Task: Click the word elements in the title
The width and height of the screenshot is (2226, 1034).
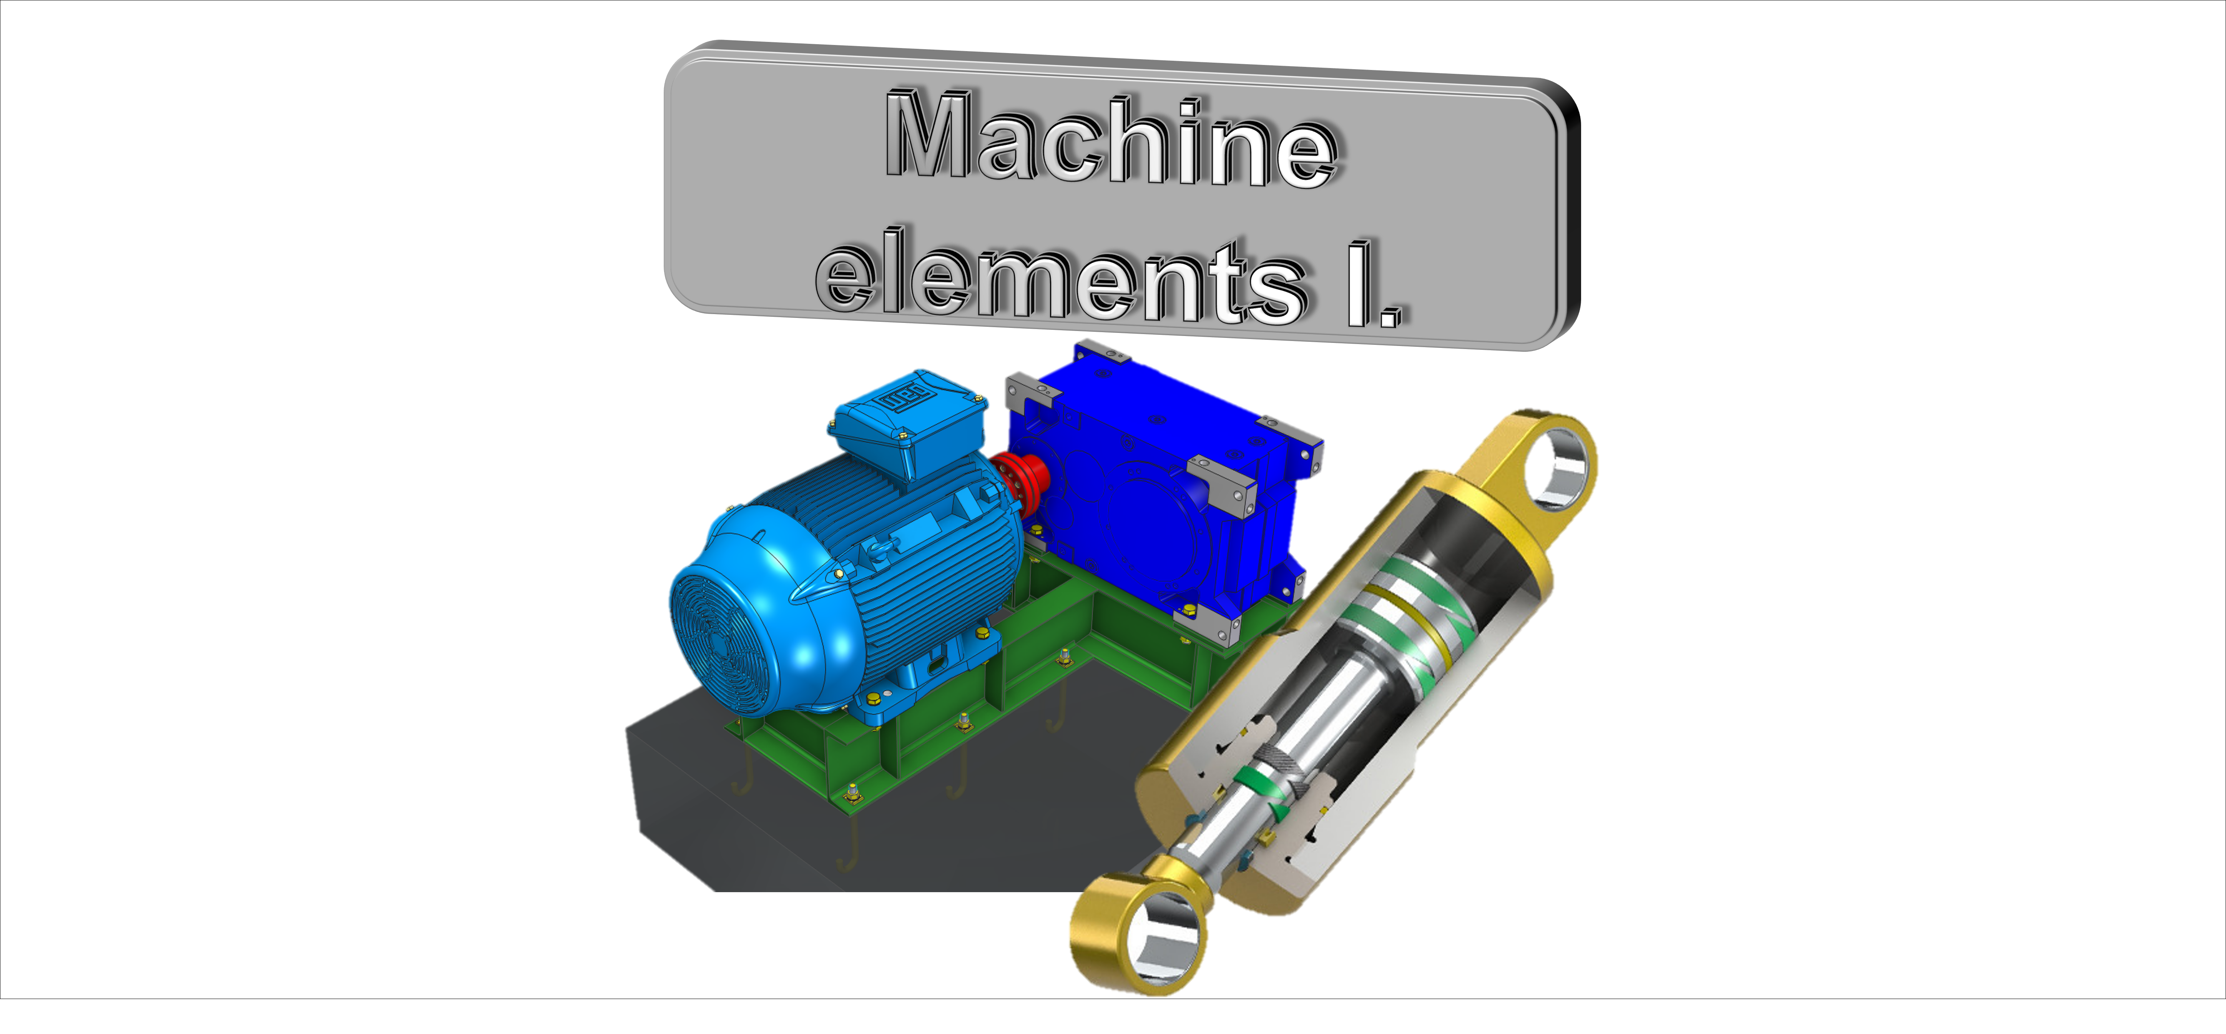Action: click(x=1063, y=277)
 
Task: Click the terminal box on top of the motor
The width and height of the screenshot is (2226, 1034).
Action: click(x=907, y=424)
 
